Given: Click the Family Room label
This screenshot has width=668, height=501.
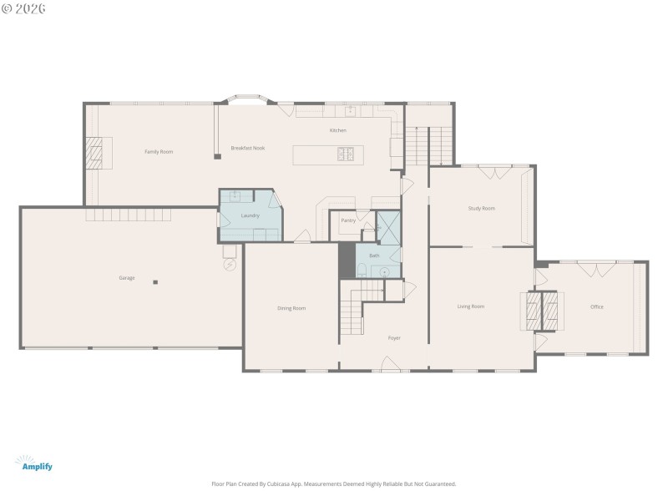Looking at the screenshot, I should point(158,151).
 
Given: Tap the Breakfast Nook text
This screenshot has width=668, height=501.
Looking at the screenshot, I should point(248,148).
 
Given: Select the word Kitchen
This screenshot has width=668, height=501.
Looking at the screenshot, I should point(337,130).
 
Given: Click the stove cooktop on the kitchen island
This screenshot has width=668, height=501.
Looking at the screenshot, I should point(347,154).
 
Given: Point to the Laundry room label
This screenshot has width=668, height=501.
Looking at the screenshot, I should point(250,215).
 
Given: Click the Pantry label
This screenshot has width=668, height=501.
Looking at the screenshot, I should point(348,220).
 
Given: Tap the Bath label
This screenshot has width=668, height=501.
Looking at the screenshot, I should point(374,256).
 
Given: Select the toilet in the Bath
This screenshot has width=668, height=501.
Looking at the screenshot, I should point(362,269).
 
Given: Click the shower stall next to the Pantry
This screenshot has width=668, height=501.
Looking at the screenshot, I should point(388,226).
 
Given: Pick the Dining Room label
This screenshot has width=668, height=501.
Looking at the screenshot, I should point(291,308).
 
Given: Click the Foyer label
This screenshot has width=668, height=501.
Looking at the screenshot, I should point(394,337).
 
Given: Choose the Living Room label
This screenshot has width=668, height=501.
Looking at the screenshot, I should point(471,306).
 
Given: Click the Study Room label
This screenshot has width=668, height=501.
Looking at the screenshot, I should point(481,208).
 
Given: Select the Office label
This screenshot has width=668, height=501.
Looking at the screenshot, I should point(596,306).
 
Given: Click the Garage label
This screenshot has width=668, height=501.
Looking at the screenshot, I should point(127,277).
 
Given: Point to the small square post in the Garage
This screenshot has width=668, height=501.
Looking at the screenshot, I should point(154,282).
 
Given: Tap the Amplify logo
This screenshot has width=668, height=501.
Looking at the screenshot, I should point(33,463).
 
